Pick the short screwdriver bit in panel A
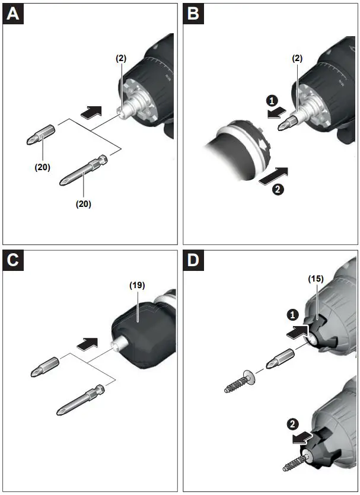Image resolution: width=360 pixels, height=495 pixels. click(41, 135)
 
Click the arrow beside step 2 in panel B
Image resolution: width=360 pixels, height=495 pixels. click(273, 176)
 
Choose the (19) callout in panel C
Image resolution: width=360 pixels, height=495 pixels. click(137, 285)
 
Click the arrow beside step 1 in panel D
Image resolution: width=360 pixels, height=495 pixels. click(297, 332)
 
